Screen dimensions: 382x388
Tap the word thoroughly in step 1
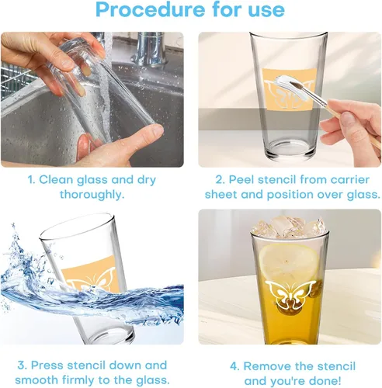(92, 195)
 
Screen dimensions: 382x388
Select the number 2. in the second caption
(221, 180)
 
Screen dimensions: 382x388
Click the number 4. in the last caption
(235, 366)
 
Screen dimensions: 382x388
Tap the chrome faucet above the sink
(150, 49)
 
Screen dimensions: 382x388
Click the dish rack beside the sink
(16, 80)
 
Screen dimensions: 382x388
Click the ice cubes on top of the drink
(289, 227)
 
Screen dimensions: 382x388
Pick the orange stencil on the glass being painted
(290, 89)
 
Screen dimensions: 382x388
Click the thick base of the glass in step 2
(289, 151)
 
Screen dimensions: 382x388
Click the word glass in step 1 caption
(92, 180)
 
